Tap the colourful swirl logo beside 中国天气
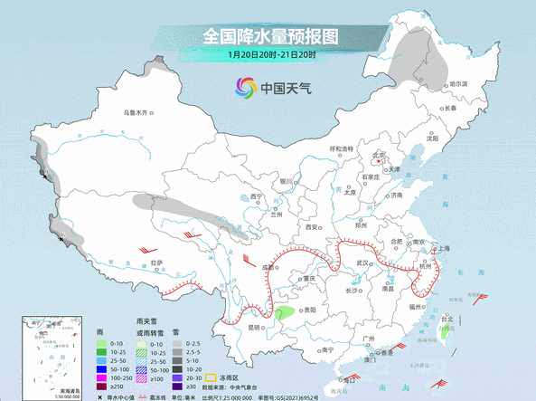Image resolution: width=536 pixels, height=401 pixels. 244,87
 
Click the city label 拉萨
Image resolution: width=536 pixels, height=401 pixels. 157,263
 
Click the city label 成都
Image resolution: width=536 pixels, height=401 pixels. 268,268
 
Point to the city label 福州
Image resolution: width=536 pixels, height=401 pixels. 415,308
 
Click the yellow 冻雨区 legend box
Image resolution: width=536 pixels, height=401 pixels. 212,375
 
